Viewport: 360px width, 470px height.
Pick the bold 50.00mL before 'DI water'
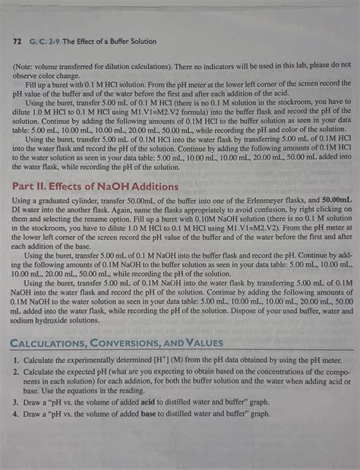coord(335,200)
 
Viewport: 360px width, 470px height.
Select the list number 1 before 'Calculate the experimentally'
coord(15,359)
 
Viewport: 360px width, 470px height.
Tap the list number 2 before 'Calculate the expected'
coord(15,372)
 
